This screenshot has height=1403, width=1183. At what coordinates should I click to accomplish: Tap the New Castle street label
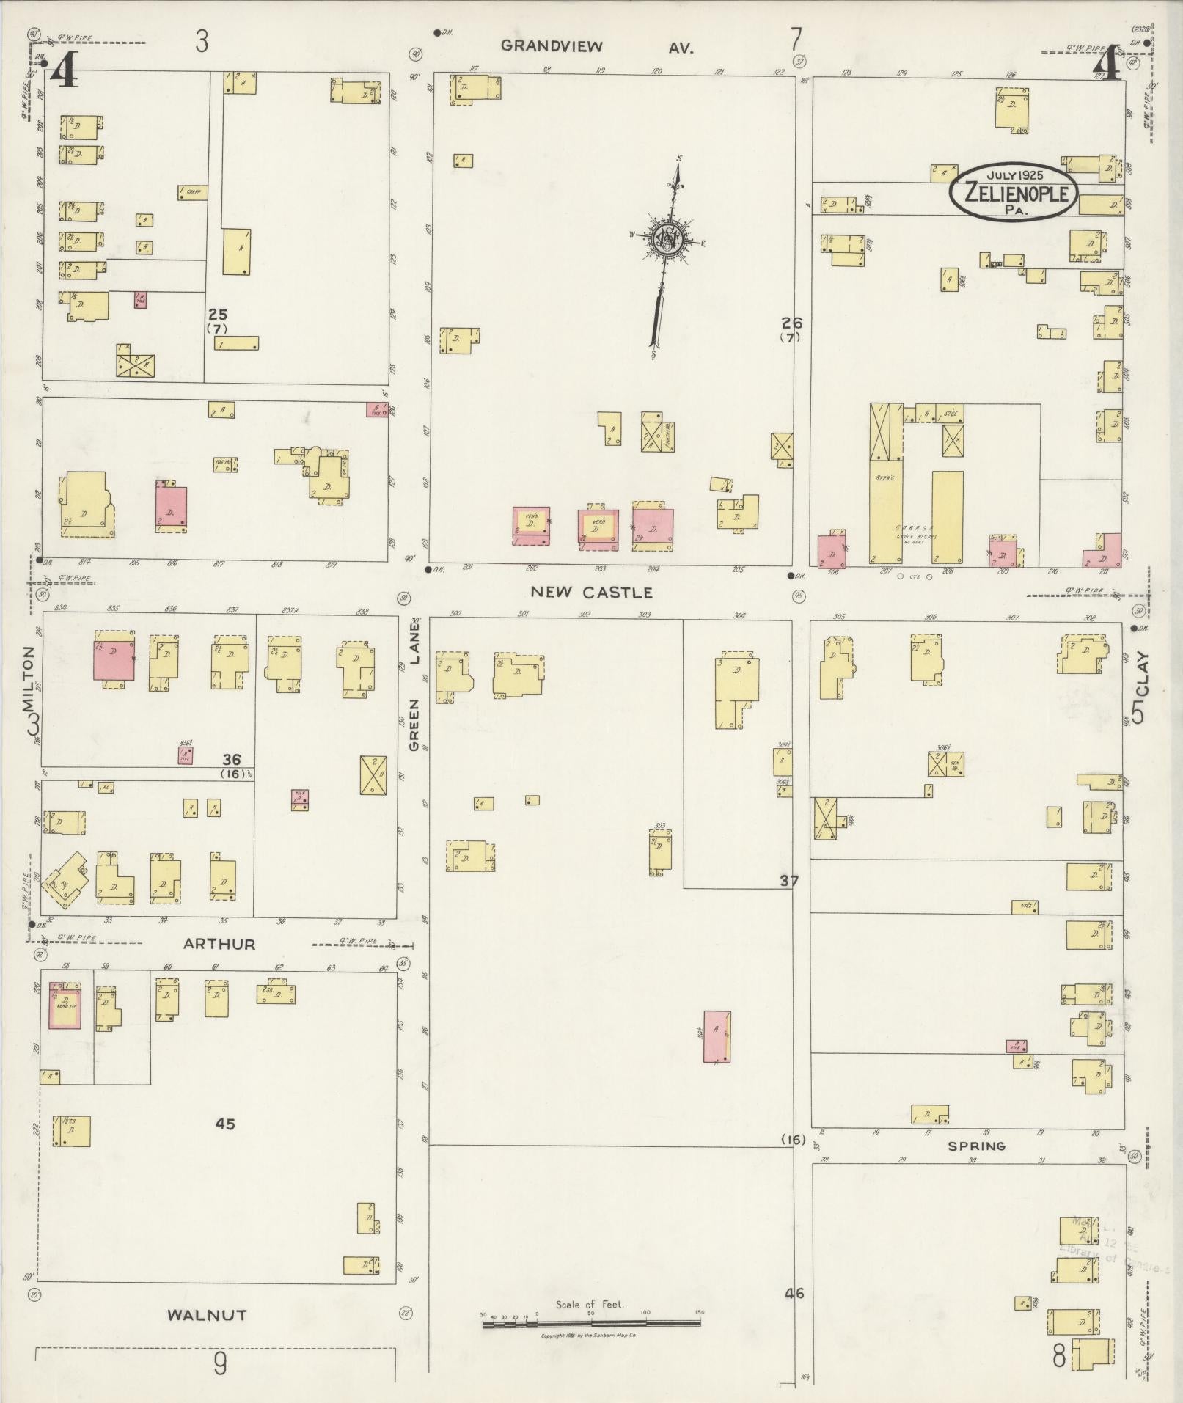(x=591, y=592)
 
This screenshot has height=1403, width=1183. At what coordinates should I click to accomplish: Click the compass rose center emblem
(x=670, y=238)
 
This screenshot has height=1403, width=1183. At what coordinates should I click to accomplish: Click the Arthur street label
(x=219, y=944)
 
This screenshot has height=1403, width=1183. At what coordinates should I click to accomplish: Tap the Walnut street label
(x=206, y=1315)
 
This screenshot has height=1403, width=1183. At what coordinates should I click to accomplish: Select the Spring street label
(x=975, y=1146)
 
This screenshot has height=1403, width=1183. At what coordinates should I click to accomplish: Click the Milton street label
(x=29, y=680)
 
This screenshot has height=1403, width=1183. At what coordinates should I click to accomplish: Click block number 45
(x=225, y=1123)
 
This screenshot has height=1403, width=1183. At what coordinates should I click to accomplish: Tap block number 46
(x=794, y=1293)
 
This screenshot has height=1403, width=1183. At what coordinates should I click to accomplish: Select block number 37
(x=788, y=881)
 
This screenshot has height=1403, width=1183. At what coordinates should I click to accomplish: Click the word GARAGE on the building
(x=909, y=527)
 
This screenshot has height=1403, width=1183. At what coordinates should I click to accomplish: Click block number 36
(x=231, y=760)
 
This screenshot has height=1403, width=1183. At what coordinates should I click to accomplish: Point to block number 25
(x=217, y=315)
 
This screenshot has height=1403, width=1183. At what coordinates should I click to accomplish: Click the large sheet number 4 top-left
(x=65, y=70)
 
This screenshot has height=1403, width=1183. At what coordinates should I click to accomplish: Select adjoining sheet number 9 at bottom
(x=219, y=1364)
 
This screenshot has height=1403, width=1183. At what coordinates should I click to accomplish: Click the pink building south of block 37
(x=717, y=1036)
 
